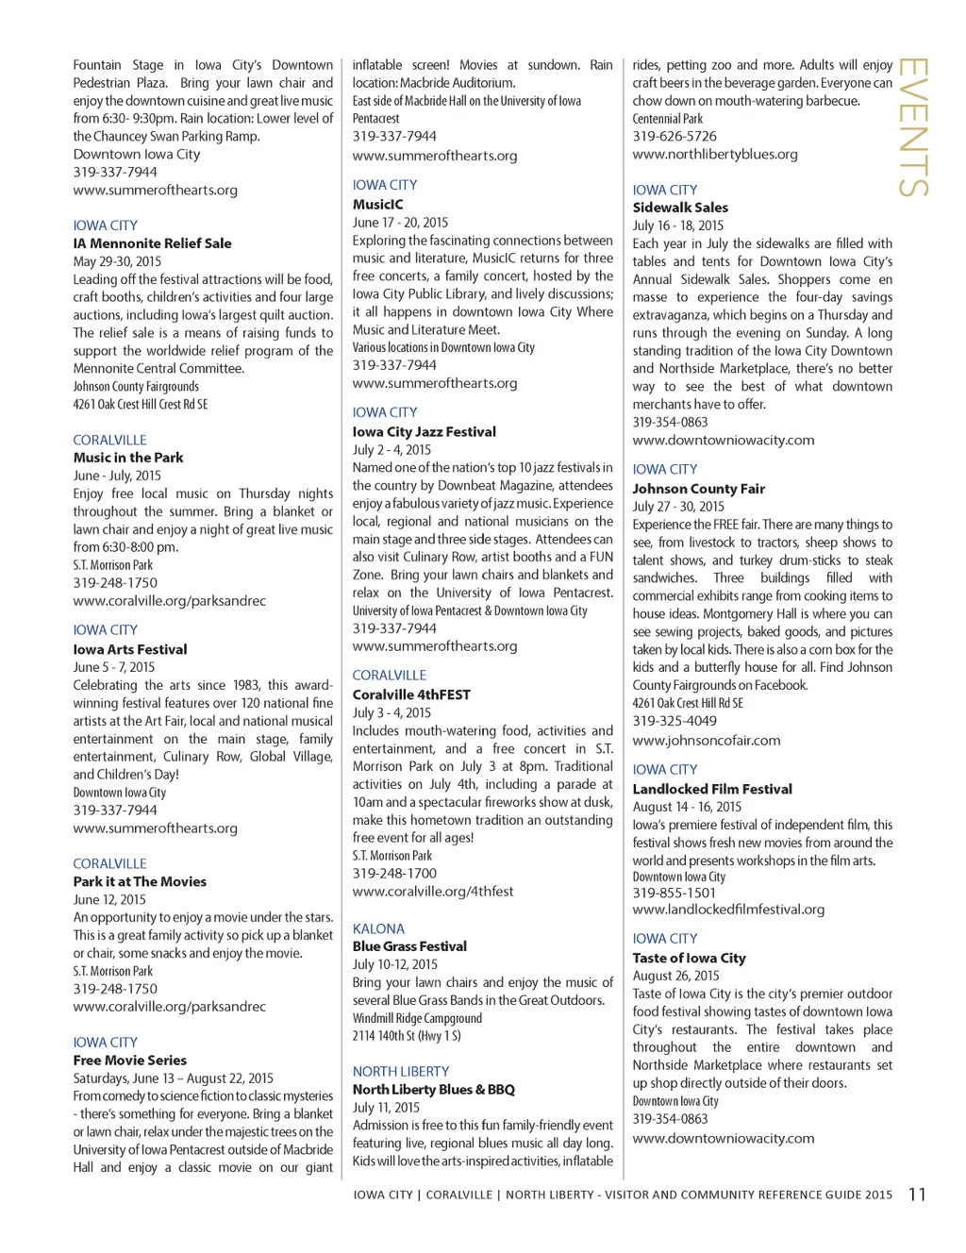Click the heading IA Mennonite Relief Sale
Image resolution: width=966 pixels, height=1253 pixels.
coord(152,243)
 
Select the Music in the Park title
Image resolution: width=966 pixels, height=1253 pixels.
coord(128,458)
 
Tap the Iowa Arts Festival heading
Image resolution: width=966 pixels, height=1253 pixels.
coord(130,649)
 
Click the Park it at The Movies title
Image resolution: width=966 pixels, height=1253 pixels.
coord(140,881)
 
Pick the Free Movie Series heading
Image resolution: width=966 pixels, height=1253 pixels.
coord(130,1061)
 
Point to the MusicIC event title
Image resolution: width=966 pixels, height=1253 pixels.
coord(377,204)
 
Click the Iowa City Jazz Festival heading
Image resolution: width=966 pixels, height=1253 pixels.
coord(424,431)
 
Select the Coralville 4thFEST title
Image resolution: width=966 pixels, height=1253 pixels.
coord(411,694)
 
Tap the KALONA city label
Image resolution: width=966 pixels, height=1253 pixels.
coord(378,928)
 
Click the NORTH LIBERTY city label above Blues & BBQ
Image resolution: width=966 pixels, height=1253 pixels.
coord(400,1071)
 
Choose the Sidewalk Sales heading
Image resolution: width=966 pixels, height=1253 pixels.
coord(680,208)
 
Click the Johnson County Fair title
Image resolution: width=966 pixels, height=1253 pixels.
coord(698,489)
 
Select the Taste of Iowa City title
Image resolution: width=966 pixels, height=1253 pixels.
coord(689,958)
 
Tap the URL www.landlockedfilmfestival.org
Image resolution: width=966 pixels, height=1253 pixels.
coord(728,910)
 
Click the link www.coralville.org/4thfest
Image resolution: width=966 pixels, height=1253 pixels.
coord(433,891)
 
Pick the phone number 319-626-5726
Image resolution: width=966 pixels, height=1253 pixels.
coord(675,136)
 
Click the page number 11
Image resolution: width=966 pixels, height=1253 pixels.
coord(917,1195)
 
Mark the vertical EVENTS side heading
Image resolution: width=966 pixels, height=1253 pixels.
coord(913,127)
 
